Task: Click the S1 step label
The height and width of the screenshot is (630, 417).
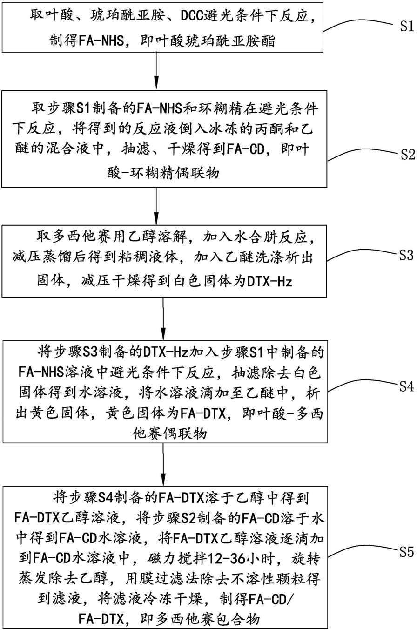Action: (x=403, y=27)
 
